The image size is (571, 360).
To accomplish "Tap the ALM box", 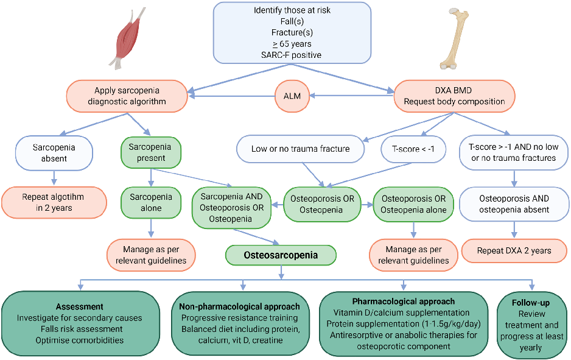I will coord(292,96).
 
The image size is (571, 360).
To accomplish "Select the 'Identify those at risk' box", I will coord(292,33).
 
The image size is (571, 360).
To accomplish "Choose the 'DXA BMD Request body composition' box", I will coord(454,96).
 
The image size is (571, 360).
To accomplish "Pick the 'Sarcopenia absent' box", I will coord(54,153).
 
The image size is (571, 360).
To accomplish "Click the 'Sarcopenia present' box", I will coord(151,152).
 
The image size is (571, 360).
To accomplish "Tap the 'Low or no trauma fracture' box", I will coord(301,149).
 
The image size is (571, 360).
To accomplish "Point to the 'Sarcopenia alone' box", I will coord(151,203).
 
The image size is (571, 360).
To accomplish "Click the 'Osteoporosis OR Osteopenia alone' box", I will coord(413,205).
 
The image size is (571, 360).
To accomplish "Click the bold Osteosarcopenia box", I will coord(281,255).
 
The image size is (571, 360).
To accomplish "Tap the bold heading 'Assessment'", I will coord(80,306).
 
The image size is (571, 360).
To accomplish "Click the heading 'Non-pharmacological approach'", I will coord(243,306).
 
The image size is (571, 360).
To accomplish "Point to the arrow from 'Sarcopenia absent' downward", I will coord(54,176).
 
